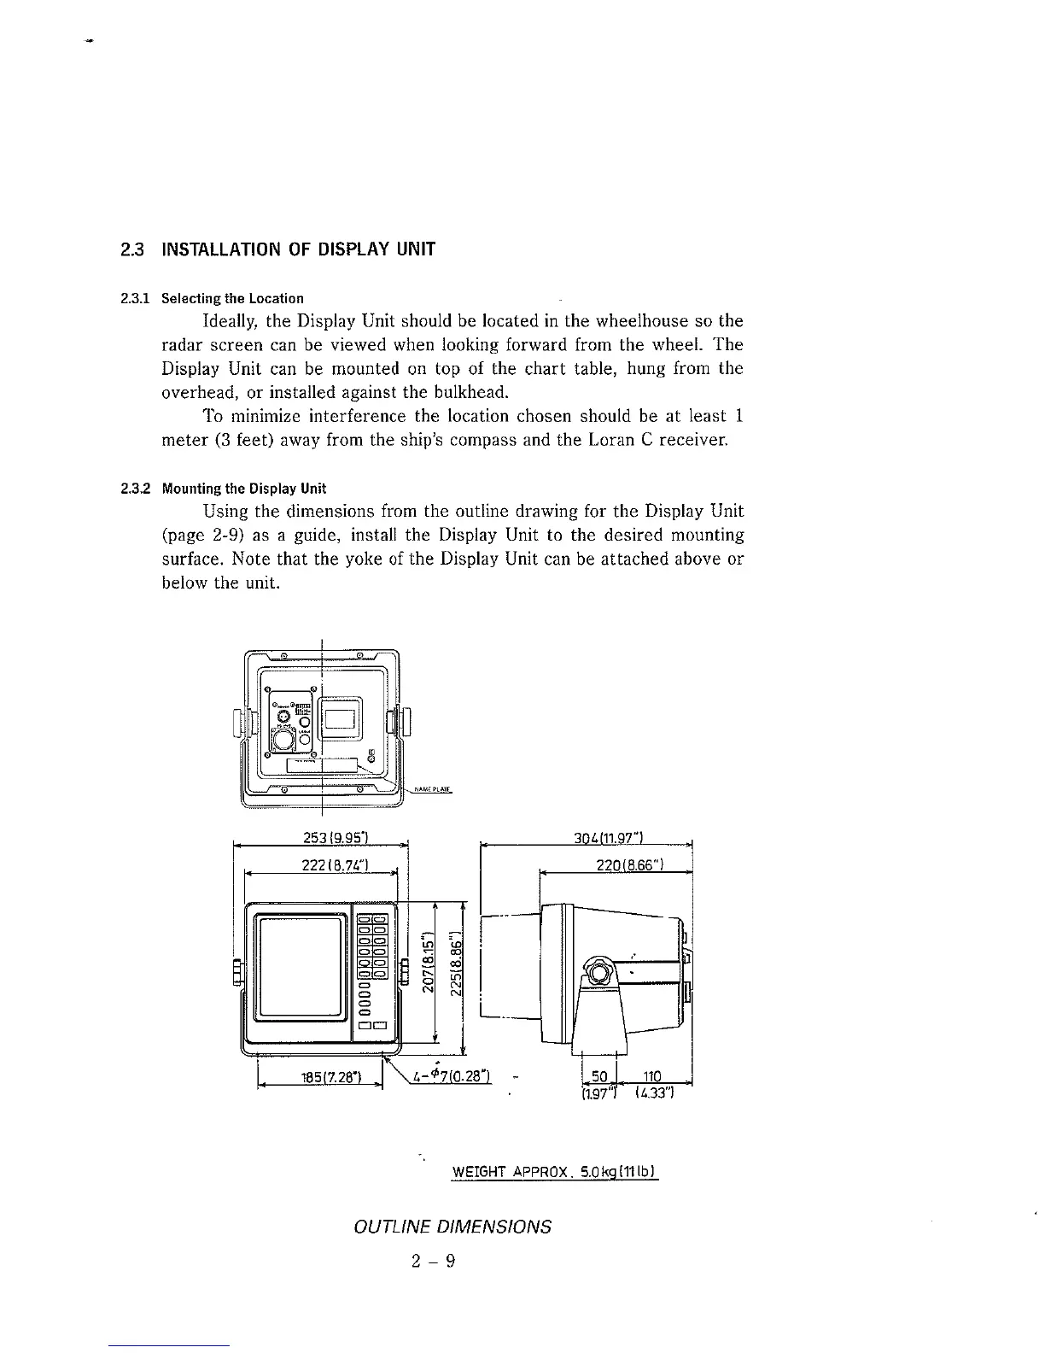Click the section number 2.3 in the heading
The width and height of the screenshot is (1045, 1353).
[131, 250]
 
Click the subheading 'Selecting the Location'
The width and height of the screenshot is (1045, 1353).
[232, 298]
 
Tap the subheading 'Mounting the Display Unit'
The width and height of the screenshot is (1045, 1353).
[244, 489]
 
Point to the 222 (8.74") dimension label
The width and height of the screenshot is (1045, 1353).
[335, 863]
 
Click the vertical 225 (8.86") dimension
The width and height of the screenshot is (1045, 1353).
[457, 961]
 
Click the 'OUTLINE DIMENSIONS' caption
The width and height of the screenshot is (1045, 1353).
[452, 1227]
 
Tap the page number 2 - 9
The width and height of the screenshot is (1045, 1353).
[433, 1261]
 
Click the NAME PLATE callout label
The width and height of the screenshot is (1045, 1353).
[430, 789]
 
